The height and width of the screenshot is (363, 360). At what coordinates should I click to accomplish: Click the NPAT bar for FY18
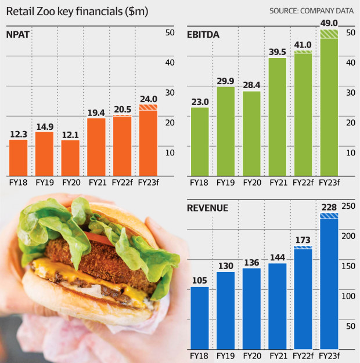18,157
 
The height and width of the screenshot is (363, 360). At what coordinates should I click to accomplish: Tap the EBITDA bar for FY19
226,131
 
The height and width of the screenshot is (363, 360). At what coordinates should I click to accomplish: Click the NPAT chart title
17,34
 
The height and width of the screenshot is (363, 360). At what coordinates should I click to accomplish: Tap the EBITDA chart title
203,34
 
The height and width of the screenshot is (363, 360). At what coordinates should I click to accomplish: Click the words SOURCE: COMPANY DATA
311,11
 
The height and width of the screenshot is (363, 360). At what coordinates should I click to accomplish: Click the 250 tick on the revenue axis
348,206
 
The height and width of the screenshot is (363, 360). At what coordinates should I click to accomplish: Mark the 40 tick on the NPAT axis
170,62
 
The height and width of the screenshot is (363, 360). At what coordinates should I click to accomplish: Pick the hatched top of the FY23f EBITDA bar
329,34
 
